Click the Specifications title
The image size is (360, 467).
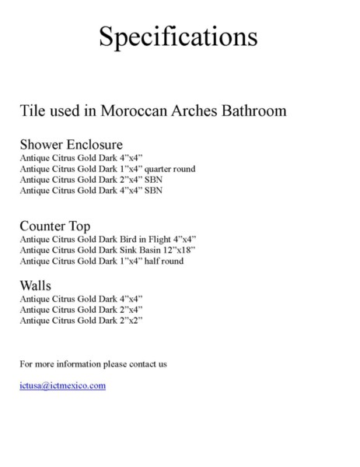[180, 36]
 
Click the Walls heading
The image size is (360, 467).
[36, 286]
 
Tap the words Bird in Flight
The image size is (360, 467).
[148, 239]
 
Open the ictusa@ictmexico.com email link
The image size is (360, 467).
[62, 385]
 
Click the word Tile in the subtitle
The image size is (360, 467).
[33, 111]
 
